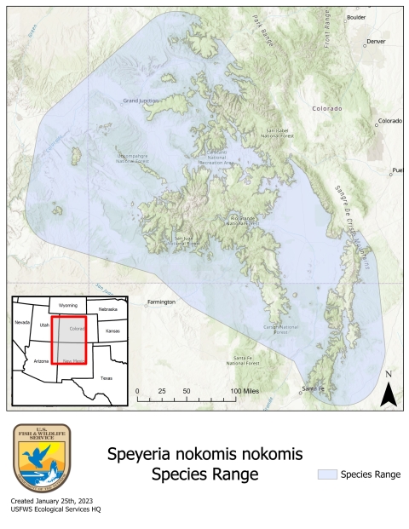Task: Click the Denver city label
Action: coord(376,41)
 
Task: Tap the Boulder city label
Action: coord(357,16)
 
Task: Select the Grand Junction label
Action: coord(141,101)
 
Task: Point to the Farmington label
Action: coord(161,302)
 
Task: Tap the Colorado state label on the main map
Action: coord(326,108)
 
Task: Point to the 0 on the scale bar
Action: coord(138,389)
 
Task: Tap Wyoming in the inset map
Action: coord(68,305)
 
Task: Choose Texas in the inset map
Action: coord(106,377)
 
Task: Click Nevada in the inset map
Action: coord(23,323)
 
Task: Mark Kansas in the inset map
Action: coord(112,329)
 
